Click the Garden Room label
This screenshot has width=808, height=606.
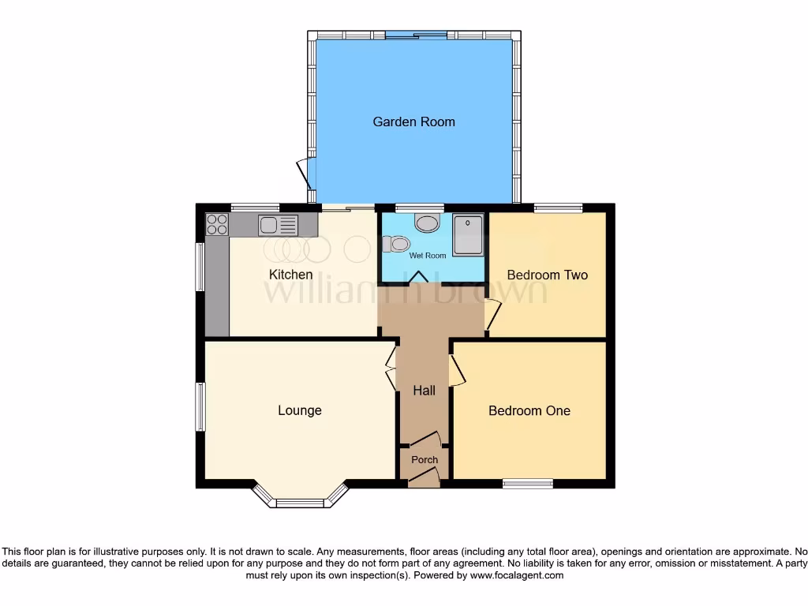tap(413, 122)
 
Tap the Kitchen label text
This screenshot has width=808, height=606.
tap(291, 275)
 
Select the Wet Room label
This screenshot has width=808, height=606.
tap(427, 256)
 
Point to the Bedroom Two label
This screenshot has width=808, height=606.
tap(547, 275)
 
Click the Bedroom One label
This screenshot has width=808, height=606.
tap(529, 410)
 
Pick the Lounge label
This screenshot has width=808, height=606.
tap(299, 410)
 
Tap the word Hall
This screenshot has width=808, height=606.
tap(425, 391)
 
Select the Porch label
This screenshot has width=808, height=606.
tap(425, 459)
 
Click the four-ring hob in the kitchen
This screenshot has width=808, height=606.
tap(217, 225)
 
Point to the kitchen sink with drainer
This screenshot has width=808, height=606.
tap(278, 226)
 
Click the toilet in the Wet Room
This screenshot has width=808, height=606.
tap(392, 245)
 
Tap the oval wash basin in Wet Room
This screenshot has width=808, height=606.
tap(427, 223)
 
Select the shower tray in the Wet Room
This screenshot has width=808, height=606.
tap(468, 236)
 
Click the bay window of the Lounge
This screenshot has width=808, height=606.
tap(300, 499)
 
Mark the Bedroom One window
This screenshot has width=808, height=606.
tap(528, 483)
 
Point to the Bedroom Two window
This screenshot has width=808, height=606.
tap(558, 208)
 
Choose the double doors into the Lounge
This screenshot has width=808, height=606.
tap(391, 368)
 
